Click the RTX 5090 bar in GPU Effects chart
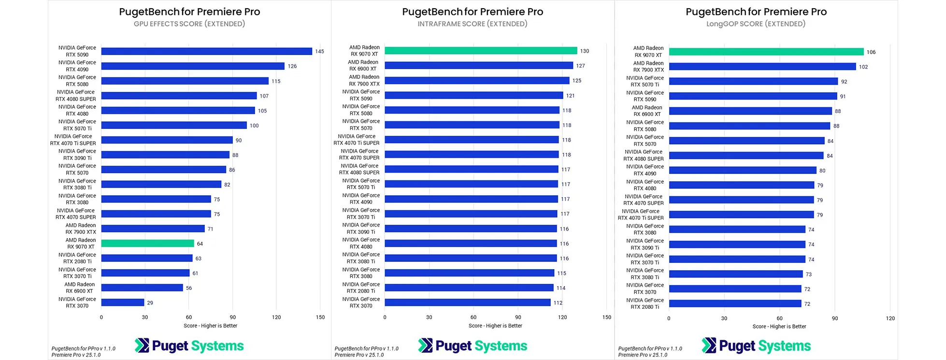click(206, 51)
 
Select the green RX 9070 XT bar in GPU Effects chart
click(147, 244)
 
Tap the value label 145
click(319, 51)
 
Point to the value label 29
click(150, 303)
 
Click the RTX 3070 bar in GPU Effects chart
click(123, 302)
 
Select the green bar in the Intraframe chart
click(481, 51)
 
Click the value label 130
click(585, 51)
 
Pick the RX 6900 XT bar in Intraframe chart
click(478, 66)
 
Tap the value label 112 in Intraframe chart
click(558, 303)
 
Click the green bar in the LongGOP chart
click(766, 52)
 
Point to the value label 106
click(871, 52)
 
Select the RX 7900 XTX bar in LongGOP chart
click(762, 67)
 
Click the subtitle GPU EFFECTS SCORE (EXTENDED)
click(189, 24)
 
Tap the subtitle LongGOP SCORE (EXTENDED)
click(756, 24)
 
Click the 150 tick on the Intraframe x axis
click(607, 317)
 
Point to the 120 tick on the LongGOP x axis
click(890, 318)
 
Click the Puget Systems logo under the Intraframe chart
click(473, 346)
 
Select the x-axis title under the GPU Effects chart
click(210, 326)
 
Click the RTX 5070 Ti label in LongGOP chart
click(645, 81)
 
